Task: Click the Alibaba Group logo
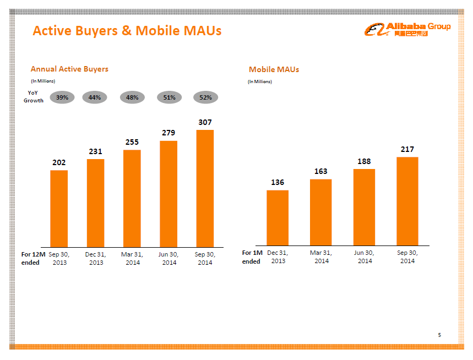click(x=407, y=29)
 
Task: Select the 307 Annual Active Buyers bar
click(x=205, y=188)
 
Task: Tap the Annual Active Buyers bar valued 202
click(x=59, y=208)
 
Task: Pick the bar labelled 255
click(x=132, y=198)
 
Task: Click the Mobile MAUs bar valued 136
click(x=278, y=217)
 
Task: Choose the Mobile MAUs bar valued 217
click(x=407, y=201)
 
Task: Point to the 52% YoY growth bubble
click(x=205, y=97)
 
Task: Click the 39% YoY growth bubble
click(x=62, y=97)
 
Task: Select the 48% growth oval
click(x=132, y=97)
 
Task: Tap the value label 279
click(x=169, y=133)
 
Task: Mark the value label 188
click(x=364, y=161)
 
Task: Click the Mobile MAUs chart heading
click(x=274, y=69)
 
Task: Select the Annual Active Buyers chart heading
click(x=69, y=69)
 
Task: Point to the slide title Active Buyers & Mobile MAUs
click(x=127, y=30)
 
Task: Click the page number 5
click(x=439, y=335)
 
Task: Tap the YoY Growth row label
click(x=34, y=97)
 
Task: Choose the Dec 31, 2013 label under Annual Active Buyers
click(x=96, y=258)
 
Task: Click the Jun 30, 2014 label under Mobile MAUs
click(x=364, y=257)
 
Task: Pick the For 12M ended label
click(x=33, y=258)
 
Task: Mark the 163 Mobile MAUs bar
click(x=321, y=212)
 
